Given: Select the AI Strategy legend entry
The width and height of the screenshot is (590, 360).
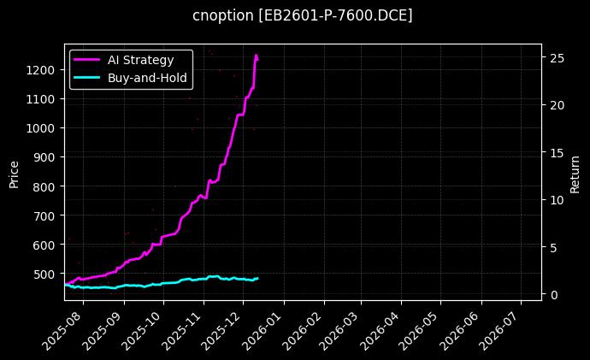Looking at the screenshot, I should [140, 60].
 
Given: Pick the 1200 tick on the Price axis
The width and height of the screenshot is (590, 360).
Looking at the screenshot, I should [43, 70].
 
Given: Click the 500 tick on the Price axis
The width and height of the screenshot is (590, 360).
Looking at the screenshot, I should [46, 274].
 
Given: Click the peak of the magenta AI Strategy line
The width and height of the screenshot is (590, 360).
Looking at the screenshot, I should [256, 56].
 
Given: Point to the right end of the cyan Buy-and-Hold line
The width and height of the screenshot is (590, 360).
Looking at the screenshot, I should [257, 278].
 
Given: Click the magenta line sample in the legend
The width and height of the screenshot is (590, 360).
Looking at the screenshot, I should [87, 60].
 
